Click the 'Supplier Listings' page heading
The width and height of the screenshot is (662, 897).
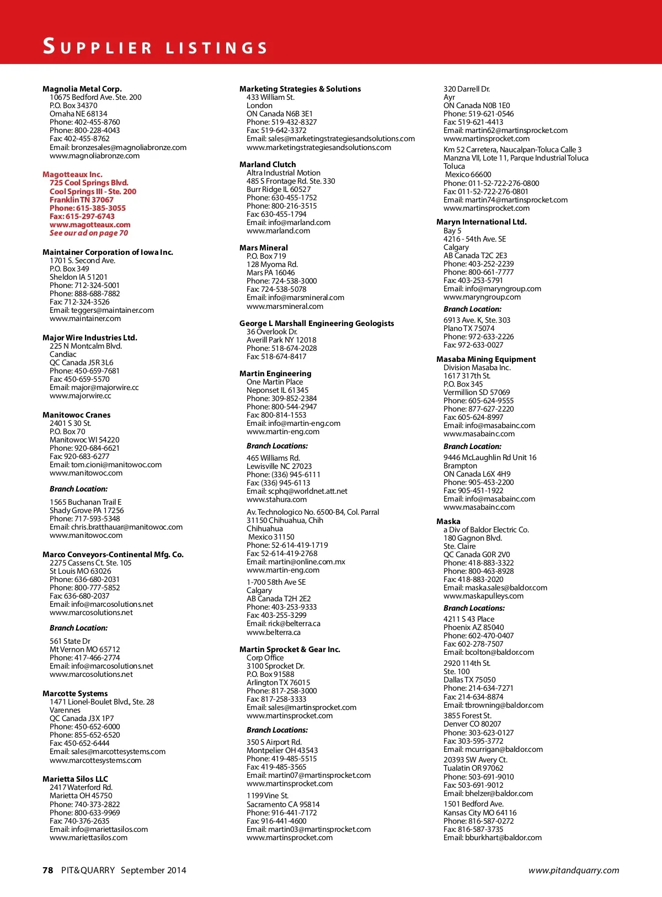pos(155,47)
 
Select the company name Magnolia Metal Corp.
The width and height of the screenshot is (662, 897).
pos(82,89)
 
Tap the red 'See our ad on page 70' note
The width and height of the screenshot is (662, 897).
pos(89,233)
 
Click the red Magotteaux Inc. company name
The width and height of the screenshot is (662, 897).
pos(72,174)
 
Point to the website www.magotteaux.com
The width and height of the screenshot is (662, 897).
pos(90,225)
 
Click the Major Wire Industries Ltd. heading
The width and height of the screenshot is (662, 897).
pos(90,338)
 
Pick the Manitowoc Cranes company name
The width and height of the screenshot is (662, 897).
pos(77,415)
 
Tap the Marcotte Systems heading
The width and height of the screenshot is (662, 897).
pos(75,693)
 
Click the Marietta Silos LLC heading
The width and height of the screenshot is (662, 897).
pos(75,779)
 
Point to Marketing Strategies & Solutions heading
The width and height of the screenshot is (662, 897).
pos(300,89)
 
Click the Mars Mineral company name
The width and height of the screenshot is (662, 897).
pos(264,248)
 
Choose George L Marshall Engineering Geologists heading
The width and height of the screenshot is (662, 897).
pos(317,323)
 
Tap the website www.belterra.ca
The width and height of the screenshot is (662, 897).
pos(274,632)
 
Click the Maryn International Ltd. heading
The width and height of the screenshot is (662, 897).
pos(482,222)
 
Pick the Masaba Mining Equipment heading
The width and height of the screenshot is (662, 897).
pos(486,359)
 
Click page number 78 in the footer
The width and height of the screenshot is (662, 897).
pos(48,870)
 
